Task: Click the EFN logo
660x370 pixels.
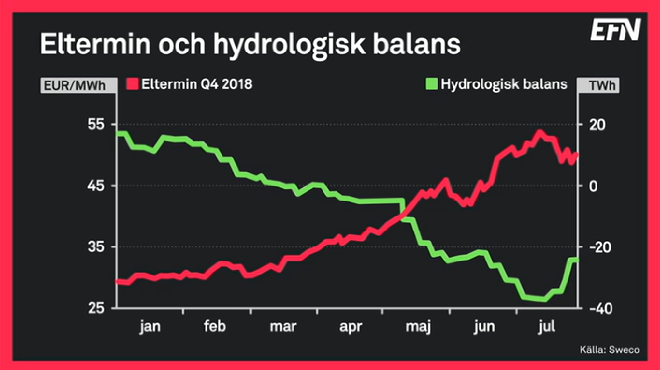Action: (x=615, y=30)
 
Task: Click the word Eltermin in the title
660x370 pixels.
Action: (x=93, y=44)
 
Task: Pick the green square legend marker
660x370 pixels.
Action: (x=432, y=84)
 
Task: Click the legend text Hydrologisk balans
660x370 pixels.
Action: (x=504, y=84)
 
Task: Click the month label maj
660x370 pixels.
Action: (x=418, y=327)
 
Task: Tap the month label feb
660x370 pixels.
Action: (x=215, y=327)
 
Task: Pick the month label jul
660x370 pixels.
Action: (x=547, y=327)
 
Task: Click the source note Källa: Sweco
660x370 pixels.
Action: (x=609, y=350)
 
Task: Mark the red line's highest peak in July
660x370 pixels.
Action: (x=539, y=132)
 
